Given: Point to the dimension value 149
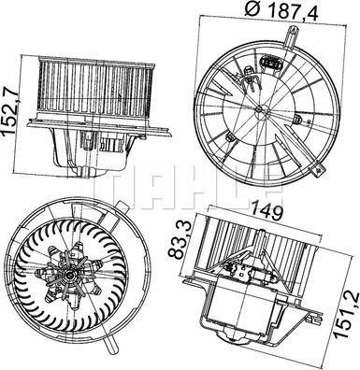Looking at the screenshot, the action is pyautogui.click(x=267, y=213).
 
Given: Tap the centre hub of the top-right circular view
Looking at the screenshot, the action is pyautogui.click(x=259, y=108).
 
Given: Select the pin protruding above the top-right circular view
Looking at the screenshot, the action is pyautogui.click(x=292, y=37).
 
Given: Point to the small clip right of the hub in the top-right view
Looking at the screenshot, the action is pyautogui.click(x=297, y=120).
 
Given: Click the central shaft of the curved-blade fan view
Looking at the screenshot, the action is pyautogui.click(x=70, y=276).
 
